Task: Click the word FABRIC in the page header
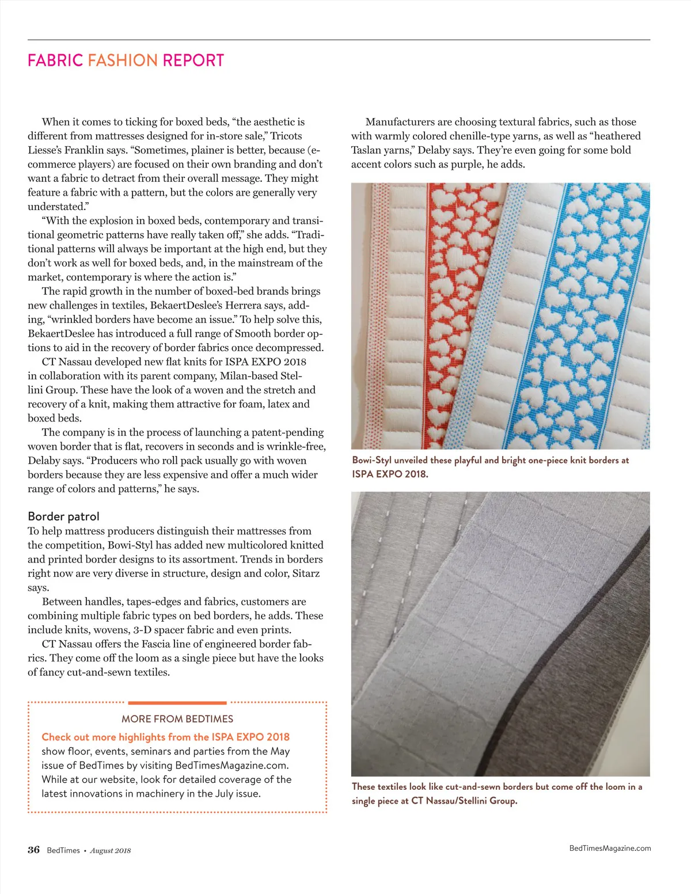tap(55, 60)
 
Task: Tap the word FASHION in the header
tap(123, 60)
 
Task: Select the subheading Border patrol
tap(63, 516)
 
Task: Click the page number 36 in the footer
tap(34, 850)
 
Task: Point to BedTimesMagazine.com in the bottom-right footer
tap(610, 848)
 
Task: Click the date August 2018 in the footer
tap(111, 851)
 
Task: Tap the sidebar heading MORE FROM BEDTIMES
tap(177, 719)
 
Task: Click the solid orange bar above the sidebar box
tap(177, 703)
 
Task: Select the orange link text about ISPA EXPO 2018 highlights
tap(166, 737)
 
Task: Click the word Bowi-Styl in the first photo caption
tap(372, 461)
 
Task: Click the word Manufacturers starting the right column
tap(400, 122)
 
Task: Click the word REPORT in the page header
tap(193, 60)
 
